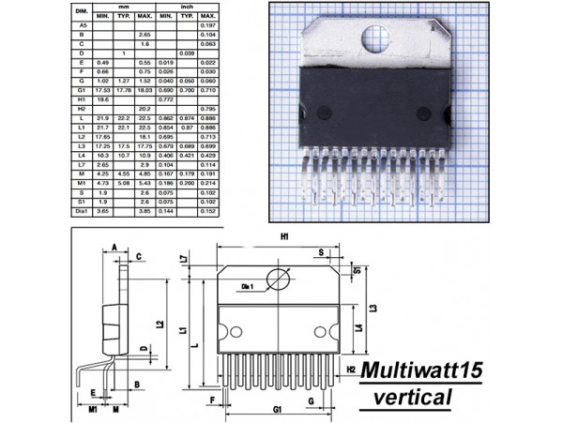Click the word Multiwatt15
(422, 370)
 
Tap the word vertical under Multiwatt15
(412, 398)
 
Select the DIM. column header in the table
(82, 12)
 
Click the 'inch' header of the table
(186, 7)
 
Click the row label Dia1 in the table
(82, 212)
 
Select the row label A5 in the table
(82, 26)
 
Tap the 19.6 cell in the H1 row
(102, 98)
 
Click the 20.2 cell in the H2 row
(145, 108)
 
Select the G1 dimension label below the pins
(278, 411)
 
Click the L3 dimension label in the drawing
(372, 308)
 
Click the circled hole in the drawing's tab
(279, 279)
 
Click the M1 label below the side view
(94, 410)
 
